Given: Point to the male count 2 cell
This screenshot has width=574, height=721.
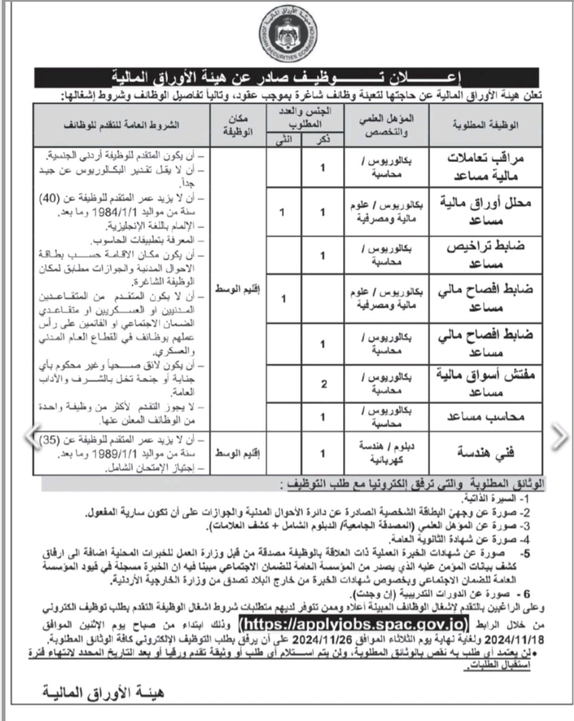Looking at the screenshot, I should tap(323, 384).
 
